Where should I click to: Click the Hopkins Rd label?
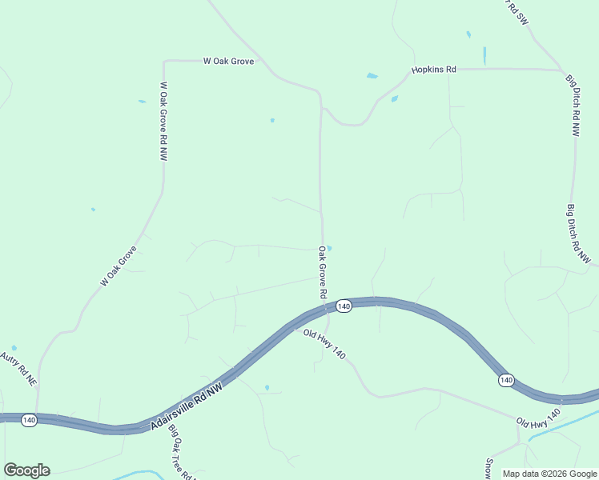[434, 70]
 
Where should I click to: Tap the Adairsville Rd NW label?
[185, 406]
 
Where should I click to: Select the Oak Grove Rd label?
[322, 272]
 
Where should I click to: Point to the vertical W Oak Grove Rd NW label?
[163, 122]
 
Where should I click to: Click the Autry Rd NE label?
[19, 369]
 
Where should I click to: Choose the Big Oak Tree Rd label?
[181, 452]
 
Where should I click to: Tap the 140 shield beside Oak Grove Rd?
[344, 306]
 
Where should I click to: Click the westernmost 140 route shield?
[29, 420]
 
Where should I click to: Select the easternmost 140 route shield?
[505, 379]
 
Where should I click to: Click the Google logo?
[26, 470]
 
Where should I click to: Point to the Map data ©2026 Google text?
[549, 474]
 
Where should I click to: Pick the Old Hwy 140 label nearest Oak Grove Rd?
[324, 344]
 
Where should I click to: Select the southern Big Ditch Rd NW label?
[578, 234]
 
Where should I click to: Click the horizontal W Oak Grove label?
[228, 61]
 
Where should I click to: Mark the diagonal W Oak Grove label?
[119, 266]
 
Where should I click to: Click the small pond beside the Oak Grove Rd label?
[329, 247]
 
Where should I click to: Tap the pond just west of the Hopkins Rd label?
[372, 76]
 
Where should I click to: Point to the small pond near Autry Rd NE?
[14, 348]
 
